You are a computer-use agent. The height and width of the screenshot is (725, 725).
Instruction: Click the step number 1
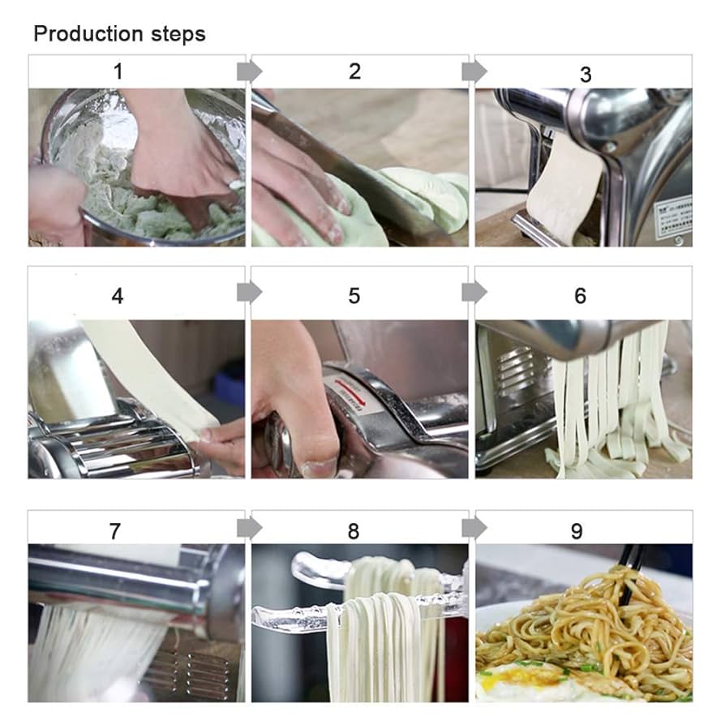tap(118, 71)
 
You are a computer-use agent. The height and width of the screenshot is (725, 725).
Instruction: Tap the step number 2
tap(354, 71)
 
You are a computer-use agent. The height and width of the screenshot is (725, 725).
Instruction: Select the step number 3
tap(585, 75)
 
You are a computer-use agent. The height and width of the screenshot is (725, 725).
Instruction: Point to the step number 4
tap(118, 296)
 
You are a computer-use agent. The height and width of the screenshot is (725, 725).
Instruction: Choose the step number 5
tap(354, 296)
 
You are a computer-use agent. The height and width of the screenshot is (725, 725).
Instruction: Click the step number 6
tap(580, 296)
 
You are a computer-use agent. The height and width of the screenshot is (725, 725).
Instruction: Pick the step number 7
tap(115, 531)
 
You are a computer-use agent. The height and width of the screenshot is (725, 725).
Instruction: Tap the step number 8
tap(354, 531)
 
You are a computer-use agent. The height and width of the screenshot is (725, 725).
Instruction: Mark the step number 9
tap(577, 531)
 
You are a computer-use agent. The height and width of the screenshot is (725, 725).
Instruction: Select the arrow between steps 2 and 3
tap(474, 71)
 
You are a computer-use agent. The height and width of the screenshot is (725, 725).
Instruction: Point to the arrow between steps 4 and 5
tap(249, 292)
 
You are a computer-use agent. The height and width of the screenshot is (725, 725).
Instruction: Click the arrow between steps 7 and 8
tap(249, 528)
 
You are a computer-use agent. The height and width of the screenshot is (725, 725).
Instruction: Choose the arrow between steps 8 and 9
tap(474, 528)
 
